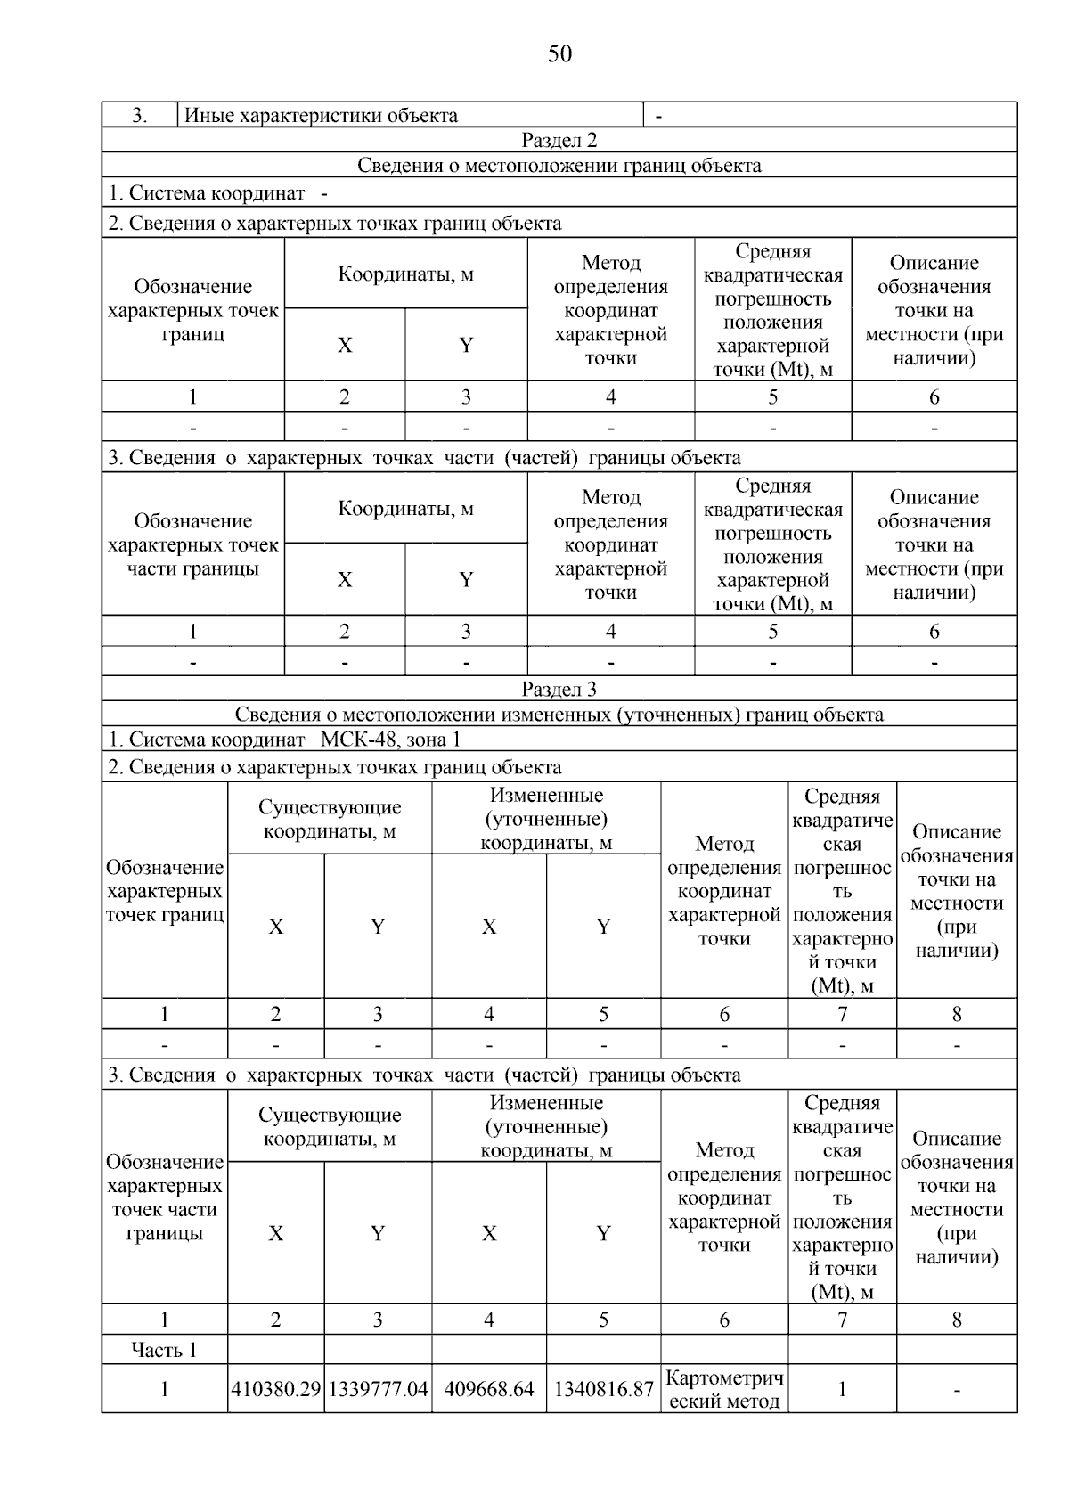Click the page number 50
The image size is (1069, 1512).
tap(559, 54)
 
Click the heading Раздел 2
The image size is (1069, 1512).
tap(559, 140)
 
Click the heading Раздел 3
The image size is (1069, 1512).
tap(559, 689)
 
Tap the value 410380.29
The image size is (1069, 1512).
tap(275, 1389)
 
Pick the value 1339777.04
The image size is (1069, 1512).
tap(378, 1389)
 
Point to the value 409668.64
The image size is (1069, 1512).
tap(489, 1389)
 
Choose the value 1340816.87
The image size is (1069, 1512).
tap(603, 1389)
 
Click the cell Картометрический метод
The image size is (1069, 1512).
tap(724, 1389)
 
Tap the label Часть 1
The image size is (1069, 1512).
tap(164, 1350)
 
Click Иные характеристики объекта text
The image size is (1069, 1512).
tap(321, 115)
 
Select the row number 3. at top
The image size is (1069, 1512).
tap(140, 115)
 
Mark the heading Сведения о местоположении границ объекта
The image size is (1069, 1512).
tap(559, 165)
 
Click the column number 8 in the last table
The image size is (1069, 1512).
tap(957, 1320)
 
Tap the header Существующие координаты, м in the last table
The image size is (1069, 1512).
tap(330, 1126)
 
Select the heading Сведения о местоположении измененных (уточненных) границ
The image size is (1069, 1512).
tap(559, 714)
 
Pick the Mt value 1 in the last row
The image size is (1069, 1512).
tap(842, 1389)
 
